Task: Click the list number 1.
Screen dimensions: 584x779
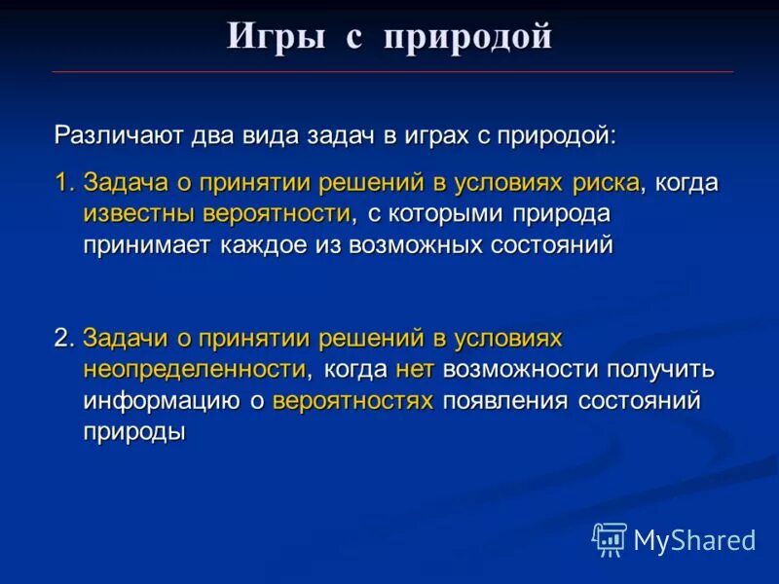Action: (x=62, y=183)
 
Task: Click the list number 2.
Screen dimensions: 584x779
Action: (x=62, y=338)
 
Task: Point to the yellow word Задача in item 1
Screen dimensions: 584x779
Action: (x=122, y=183)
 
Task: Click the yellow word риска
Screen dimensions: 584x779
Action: (x=605, y=183)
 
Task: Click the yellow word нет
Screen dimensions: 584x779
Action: (x=414, y=369)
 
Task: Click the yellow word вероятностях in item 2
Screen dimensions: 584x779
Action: (x=352, y=400)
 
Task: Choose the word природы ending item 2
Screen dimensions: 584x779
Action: (x=133, y=431)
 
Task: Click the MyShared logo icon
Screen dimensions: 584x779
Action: (x=610, y=538)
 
